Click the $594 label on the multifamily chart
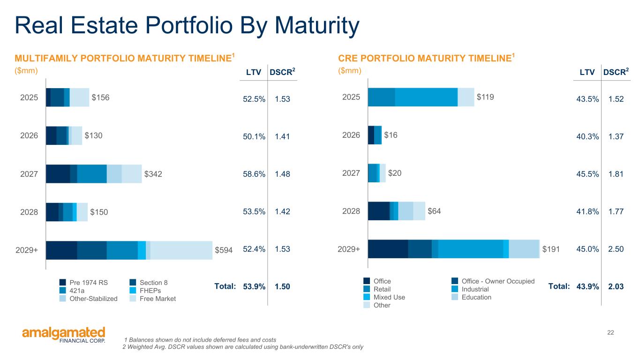[224, 250]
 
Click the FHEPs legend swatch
[133, 291]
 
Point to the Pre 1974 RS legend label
[89, 283]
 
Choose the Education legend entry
[476, 297]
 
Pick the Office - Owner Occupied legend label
[498, 281]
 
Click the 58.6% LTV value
[254, 174]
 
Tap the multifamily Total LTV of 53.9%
[254, 286]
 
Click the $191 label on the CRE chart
[551, 249]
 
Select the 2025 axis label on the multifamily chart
[29, 97]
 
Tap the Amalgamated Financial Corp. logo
[64, 334]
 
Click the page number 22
[610, 332]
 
